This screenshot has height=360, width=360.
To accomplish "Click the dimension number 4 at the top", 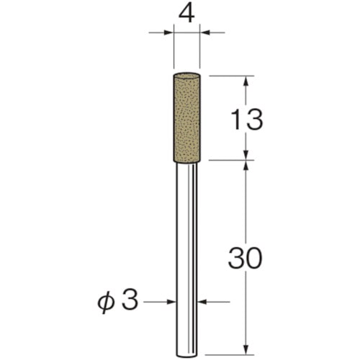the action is tap(186, 14).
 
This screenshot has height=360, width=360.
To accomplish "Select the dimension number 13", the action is tap(246, 120).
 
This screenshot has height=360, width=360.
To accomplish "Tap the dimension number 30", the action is tap(245, 258).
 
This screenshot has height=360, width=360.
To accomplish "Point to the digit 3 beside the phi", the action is tap(130, 300).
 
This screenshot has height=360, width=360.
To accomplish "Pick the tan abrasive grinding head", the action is tap(186, 117).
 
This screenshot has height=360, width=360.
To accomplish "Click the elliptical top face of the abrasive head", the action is tap(186, 75).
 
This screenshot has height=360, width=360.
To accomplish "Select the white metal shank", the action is tap(186, 260).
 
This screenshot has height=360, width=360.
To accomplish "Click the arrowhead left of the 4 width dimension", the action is tap(168, 32).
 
